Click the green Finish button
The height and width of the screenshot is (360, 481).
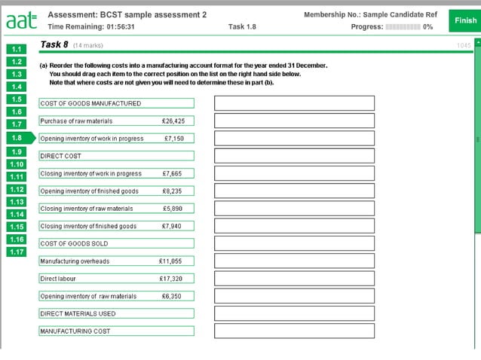click(465, 20)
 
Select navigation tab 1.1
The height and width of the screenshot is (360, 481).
click(17, 50)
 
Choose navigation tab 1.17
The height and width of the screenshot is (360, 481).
click(17, 252)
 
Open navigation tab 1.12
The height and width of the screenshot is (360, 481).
click(17, 189)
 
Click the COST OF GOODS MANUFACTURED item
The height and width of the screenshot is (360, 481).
click(116, 103)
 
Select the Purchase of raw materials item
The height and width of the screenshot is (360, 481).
click(116, 121)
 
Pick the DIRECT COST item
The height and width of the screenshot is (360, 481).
click(116, 156)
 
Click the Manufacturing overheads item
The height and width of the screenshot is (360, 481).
click(116, 261)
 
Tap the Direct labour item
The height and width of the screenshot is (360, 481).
click(116, 279)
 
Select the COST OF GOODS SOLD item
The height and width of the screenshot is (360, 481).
click(116, 243)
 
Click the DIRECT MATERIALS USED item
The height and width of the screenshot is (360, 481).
click(116, 313)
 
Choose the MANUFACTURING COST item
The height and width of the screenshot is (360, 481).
click(116, 331)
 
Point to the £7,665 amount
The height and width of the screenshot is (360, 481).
click(173, 173)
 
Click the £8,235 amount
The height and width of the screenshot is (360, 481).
click(173, 191)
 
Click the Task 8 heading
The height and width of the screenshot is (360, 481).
click(54, 44)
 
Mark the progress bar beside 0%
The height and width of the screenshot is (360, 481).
click(403, 27)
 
